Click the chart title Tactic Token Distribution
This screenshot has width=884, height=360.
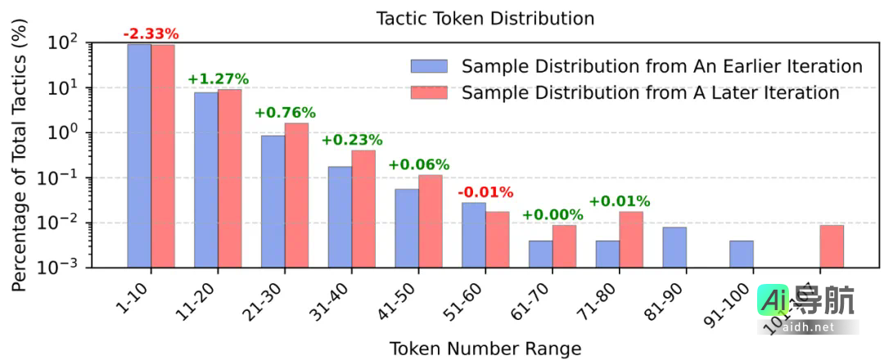pos(485,17)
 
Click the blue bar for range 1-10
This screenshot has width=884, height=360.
pos(139,155)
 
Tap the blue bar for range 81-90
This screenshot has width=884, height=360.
pos(675,247)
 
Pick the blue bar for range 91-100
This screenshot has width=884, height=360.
pos(742,254)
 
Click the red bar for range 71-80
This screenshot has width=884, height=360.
pos(631,239)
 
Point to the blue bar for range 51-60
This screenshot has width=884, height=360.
pos(474,235)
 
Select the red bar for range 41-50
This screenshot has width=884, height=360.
pos(431,221)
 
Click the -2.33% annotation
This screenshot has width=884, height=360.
pos(151,34)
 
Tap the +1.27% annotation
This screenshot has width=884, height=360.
pos(218,79)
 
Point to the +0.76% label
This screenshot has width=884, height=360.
pos(285,113)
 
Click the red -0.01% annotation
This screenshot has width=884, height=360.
pos(485,192)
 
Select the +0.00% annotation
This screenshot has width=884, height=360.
pos(552,215)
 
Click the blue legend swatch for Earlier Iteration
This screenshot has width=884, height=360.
pos(430,66)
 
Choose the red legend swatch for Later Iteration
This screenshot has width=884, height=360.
pos(430,92)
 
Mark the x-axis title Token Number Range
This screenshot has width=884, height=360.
pos(485,348)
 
